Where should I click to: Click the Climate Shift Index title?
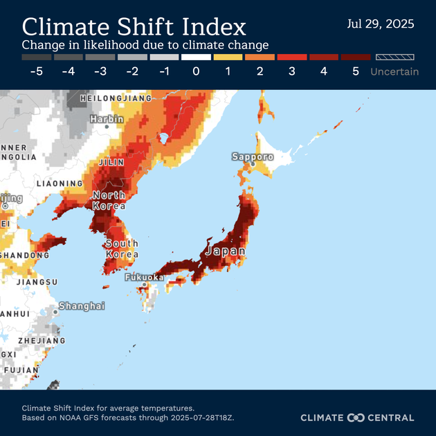134,26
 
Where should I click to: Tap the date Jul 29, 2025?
380,24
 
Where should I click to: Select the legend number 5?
356,71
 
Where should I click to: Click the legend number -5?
36,71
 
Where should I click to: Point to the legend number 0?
196,71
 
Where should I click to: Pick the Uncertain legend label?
394,71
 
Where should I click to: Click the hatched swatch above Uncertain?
394,57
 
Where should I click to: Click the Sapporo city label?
253,157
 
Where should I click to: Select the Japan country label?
225,251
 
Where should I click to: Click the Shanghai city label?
82,306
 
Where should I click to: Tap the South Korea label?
122,248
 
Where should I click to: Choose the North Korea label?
109,200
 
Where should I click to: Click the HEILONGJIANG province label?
116,98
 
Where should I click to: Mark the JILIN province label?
112,162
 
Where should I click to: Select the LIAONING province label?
60,183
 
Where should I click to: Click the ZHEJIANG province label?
42,340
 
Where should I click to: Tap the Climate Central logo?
357,417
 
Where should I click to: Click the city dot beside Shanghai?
55,312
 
